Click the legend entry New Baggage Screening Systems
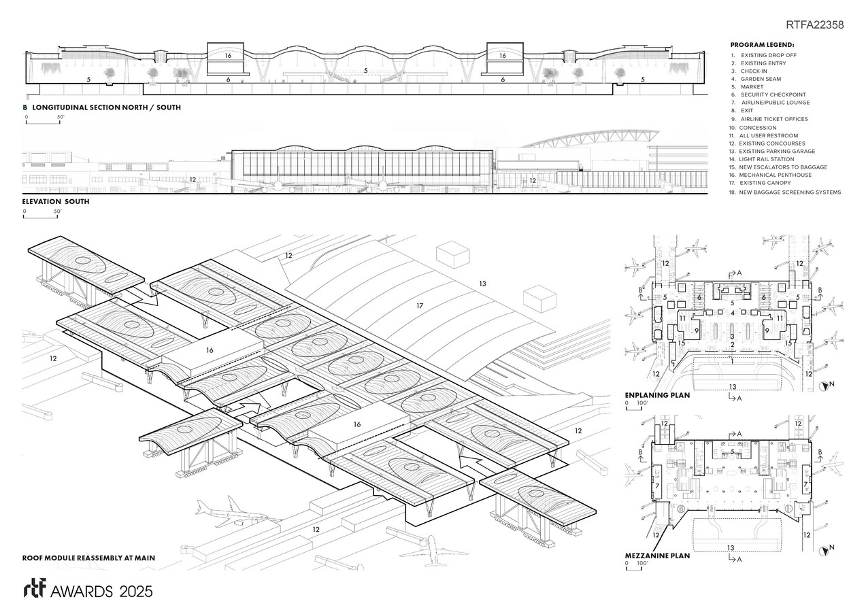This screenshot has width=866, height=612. (x=790, y=192)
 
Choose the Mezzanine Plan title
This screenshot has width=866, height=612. (x=657, y=556)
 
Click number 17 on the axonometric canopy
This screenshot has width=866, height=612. (x=420, y=307)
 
